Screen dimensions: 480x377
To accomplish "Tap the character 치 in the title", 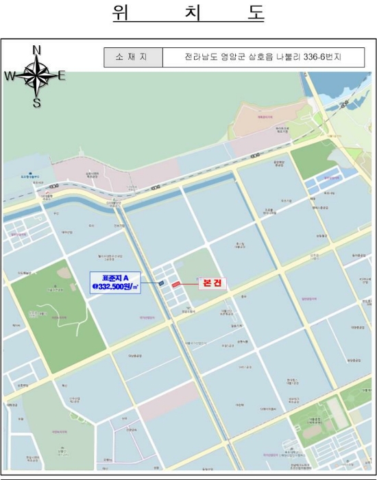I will pos(188,14).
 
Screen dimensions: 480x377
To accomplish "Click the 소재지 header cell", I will pos(133,57).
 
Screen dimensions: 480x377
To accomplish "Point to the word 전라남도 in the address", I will pos(200,57).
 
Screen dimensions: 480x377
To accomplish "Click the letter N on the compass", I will pos(37,49).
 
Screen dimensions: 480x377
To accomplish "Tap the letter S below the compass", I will pos(37,104).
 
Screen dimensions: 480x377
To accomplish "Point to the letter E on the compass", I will pos(62,76).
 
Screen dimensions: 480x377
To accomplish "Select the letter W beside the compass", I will pos(10,77).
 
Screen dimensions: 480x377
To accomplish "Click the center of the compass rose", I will pos(36,76).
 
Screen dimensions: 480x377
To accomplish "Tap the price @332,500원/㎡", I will pos(115,287).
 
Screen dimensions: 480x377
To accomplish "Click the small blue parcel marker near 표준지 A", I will pos(160,283).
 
